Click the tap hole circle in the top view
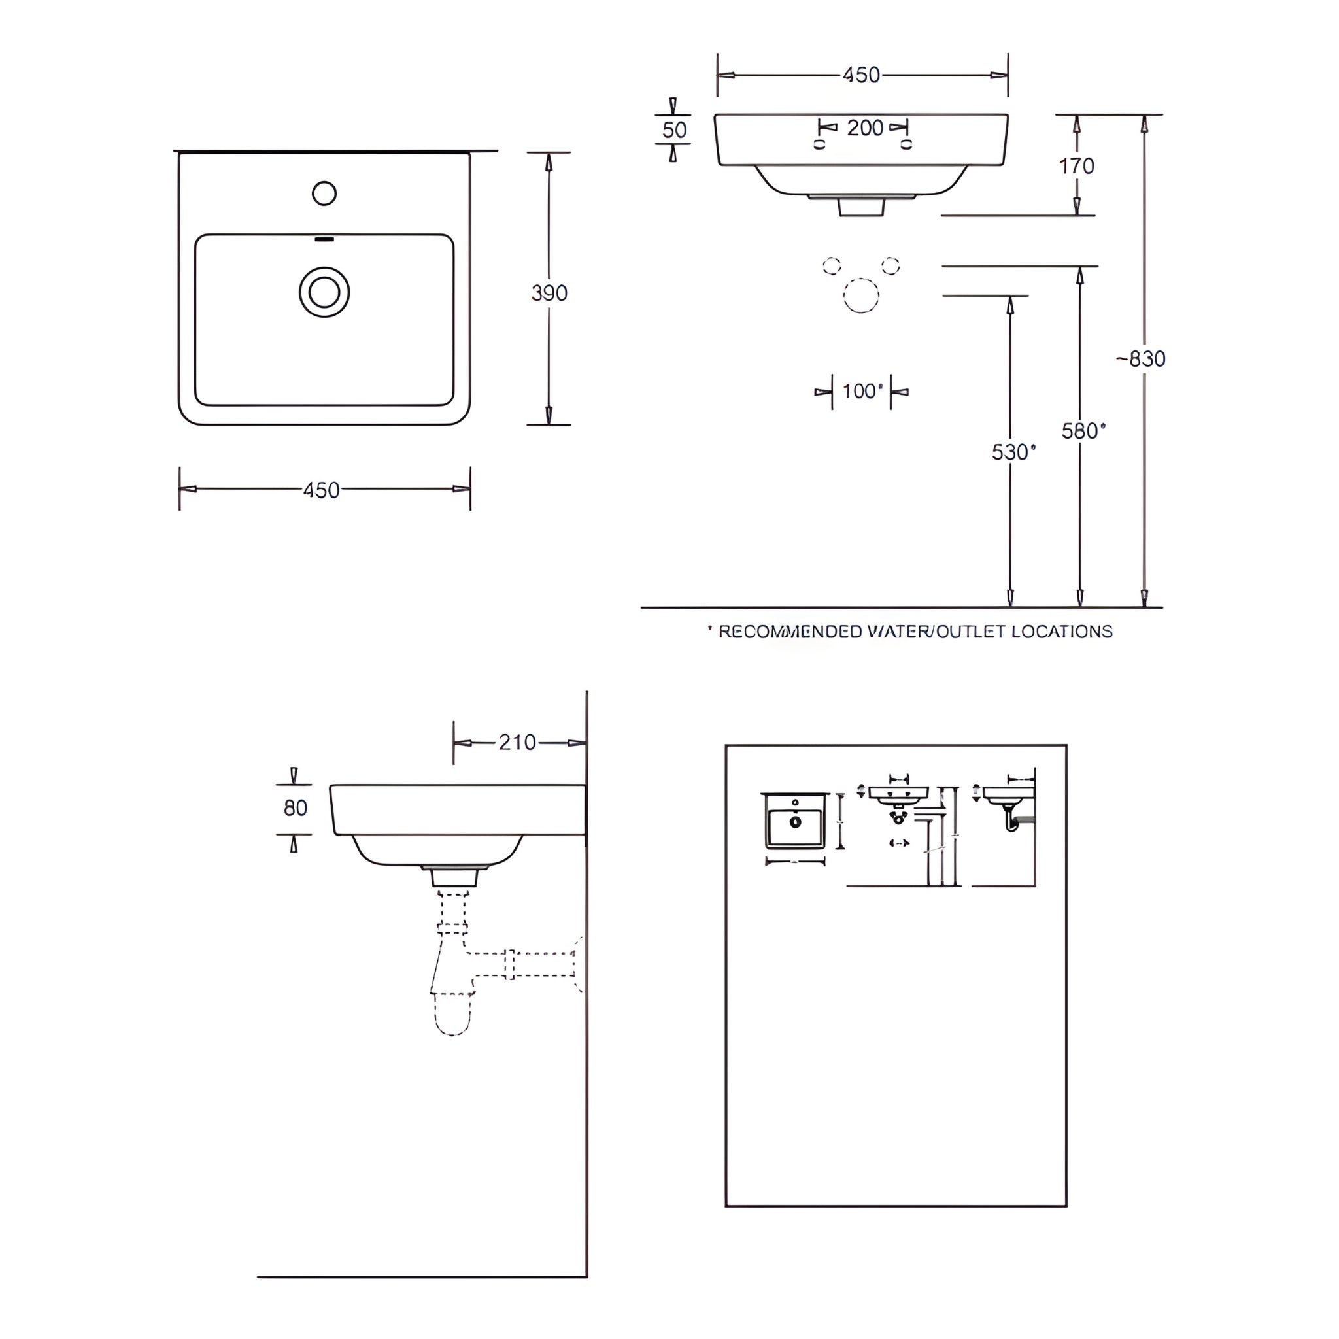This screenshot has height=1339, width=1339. [324, 194]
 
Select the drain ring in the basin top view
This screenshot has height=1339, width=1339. [324, 292]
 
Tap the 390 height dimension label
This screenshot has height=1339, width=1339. [549, 293]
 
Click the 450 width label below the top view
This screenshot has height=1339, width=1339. [322, 490]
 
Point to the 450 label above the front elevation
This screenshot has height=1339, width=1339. [862, 75]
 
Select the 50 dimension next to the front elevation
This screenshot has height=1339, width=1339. [674, 129]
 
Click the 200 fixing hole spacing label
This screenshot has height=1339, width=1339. [865, 127]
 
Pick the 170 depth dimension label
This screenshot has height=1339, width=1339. [1076, 165]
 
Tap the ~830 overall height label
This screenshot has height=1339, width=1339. [1141, 359]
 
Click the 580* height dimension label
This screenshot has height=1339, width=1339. [1083, 431]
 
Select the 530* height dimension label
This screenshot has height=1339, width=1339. [1013, 452]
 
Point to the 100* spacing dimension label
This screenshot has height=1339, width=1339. [862, 392]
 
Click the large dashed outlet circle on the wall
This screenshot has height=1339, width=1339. [861, 296]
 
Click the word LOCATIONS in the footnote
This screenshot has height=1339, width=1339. [1062, 632]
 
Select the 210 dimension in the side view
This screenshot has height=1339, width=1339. [517, 742]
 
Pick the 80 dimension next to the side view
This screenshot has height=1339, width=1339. [296, 807]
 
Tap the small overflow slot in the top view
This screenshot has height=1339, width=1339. [324, 240]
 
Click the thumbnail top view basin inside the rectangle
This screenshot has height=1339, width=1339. [795, 822]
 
